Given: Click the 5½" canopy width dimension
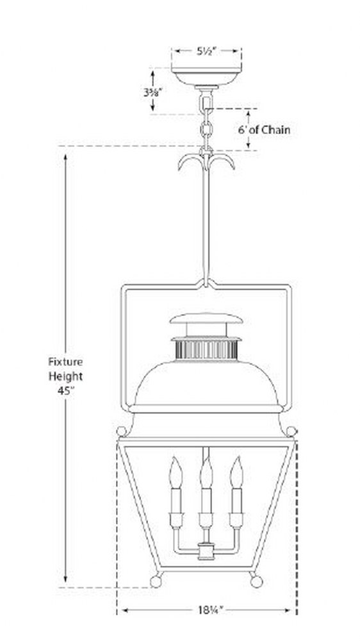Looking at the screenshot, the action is pyautogui.click(x=206, y=51).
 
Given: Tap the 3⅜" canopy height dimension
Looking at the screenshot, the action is pyautogui.click(x=153, y=92).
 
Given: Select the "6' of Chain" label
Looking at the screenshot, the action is pyautogui.click(x=265, y=130).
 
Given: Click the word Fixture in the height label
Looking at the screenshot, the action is pyautogui.click(x=65, y=362).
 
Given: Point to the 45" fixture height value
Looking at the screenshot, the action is pyautogui.click(x=65, y=390).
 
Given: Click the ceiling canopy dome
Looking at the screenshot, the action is pyautogui.click(x=206, y=77).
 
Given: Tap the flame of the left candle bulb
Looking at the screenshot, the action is pyautogui.click(x=176, y=472).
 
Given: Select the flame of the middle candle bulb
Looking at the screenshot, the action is pyautogui.click(x=206, y=472).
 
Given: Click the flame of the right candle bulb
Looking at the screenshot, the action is pyautogui.click(x=236, y=472).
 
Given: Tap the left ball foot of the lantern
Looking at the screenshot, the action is pyautogui.click(x=156, y=581).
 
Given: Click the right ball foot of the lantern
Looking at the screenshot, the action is pyautogui.click(x=256, y=581).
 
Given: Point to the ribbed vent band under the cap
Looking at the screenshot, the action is pyautogui.click(x=206, y=350).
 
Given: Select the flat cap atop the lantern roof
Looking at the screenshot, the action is pyautogui.click(x=206, y=318).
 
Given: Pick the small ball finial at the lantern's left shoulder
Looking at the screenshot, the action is pyautogui.click(x=121, y=431).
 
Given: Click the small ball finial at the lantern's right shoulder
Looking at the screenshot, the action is pyautogui.click(x=291, y=431).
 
